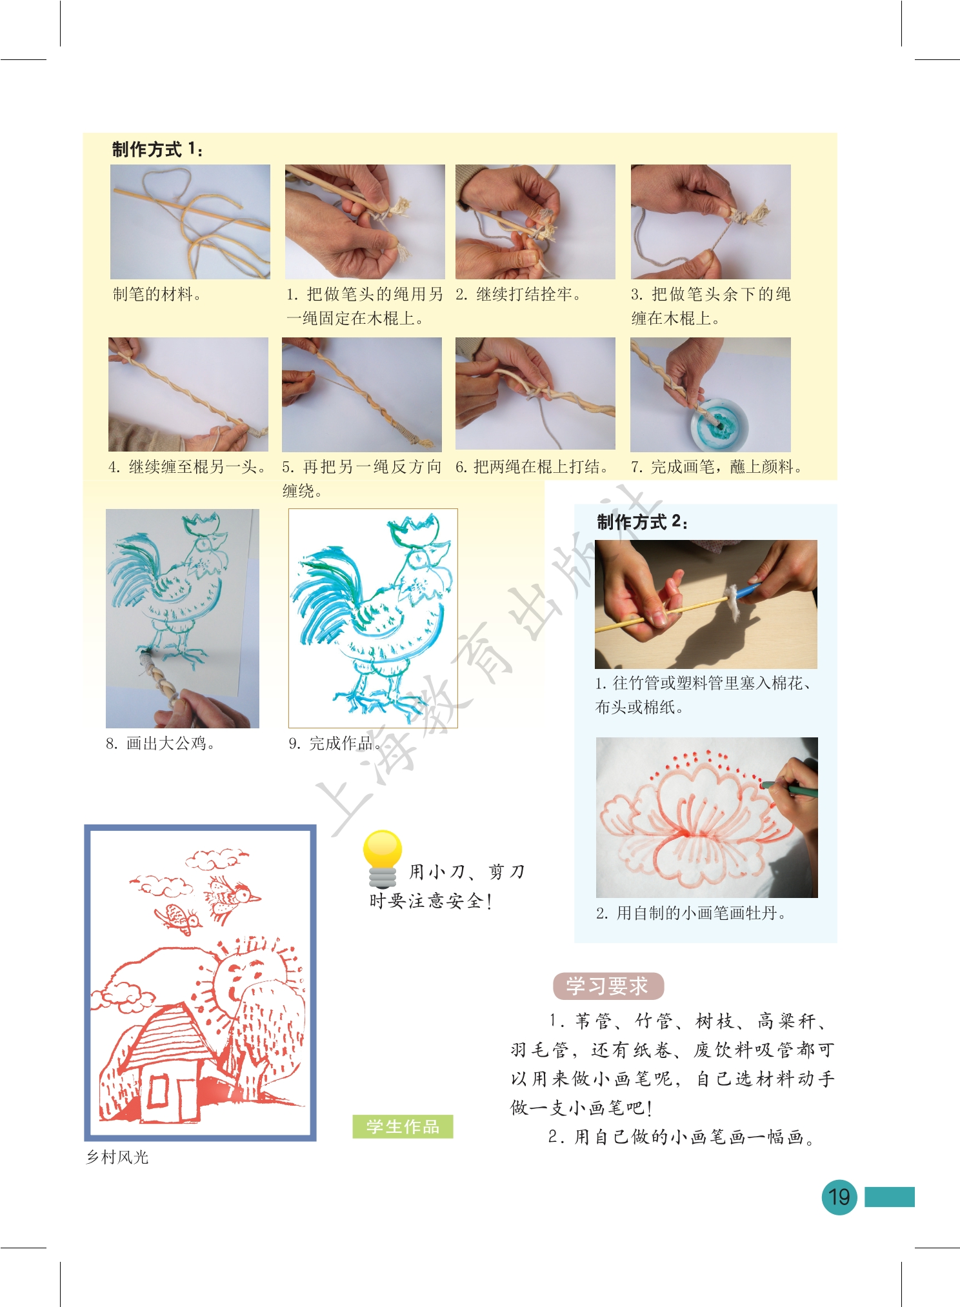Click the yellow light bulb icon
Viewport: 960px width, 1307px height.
pyautogui.click(x=382, y=859)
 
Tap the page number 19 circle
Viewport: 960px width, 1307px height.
pyautogui.click(x=839, y=1197)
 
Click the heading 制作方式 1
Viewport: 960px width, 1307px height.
pyautogui.click(x=157, y=150)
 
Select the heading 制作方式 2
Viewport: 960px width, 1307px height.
pyautogui.click(x=642, y=522)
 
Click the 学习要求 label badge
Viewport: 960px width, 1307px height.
pyautogui.click(x=608, y=986)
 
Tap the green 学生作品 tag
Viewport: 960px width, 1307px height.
pyautogui.click(x=403, y=1126)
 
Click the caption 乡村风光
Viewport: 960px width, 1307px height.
pyautogui.click(x=117, y=1157)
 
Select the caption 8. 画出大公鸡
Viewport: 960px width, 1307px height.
pyautogui.click(x=160, y=744)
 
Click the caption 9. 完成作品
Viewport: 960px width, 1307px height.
pyautogui.click(x=335, y=744)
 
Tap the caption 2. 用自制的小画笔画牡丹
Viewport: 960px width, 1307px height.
pyautogui.click(x=690, y=913)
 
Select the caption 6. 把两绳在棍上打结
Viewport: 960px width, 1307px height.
pyautogui.click(x=532, y=467)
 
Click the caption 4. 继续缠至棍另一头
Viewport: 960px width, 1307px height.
pyautogui.click(x=187, y=467)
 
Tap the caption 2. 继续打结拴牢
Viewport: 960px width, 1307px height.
pyautogui.click(x=518, y=295)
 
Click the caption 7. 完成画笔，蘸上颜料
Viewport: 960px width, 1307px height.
pyautogui.click(x=716, y=467)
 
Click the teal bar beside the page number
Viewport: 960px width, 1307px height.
pyautogui.click(x=889, y=1197)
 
